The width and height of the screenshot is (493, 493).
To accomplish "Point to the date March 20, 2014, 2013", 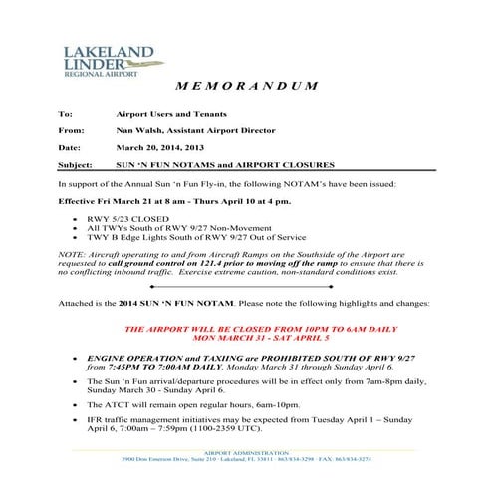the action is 158,147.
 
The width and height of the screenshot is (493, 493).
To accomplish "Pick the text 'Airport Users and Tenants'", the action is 172,115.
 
